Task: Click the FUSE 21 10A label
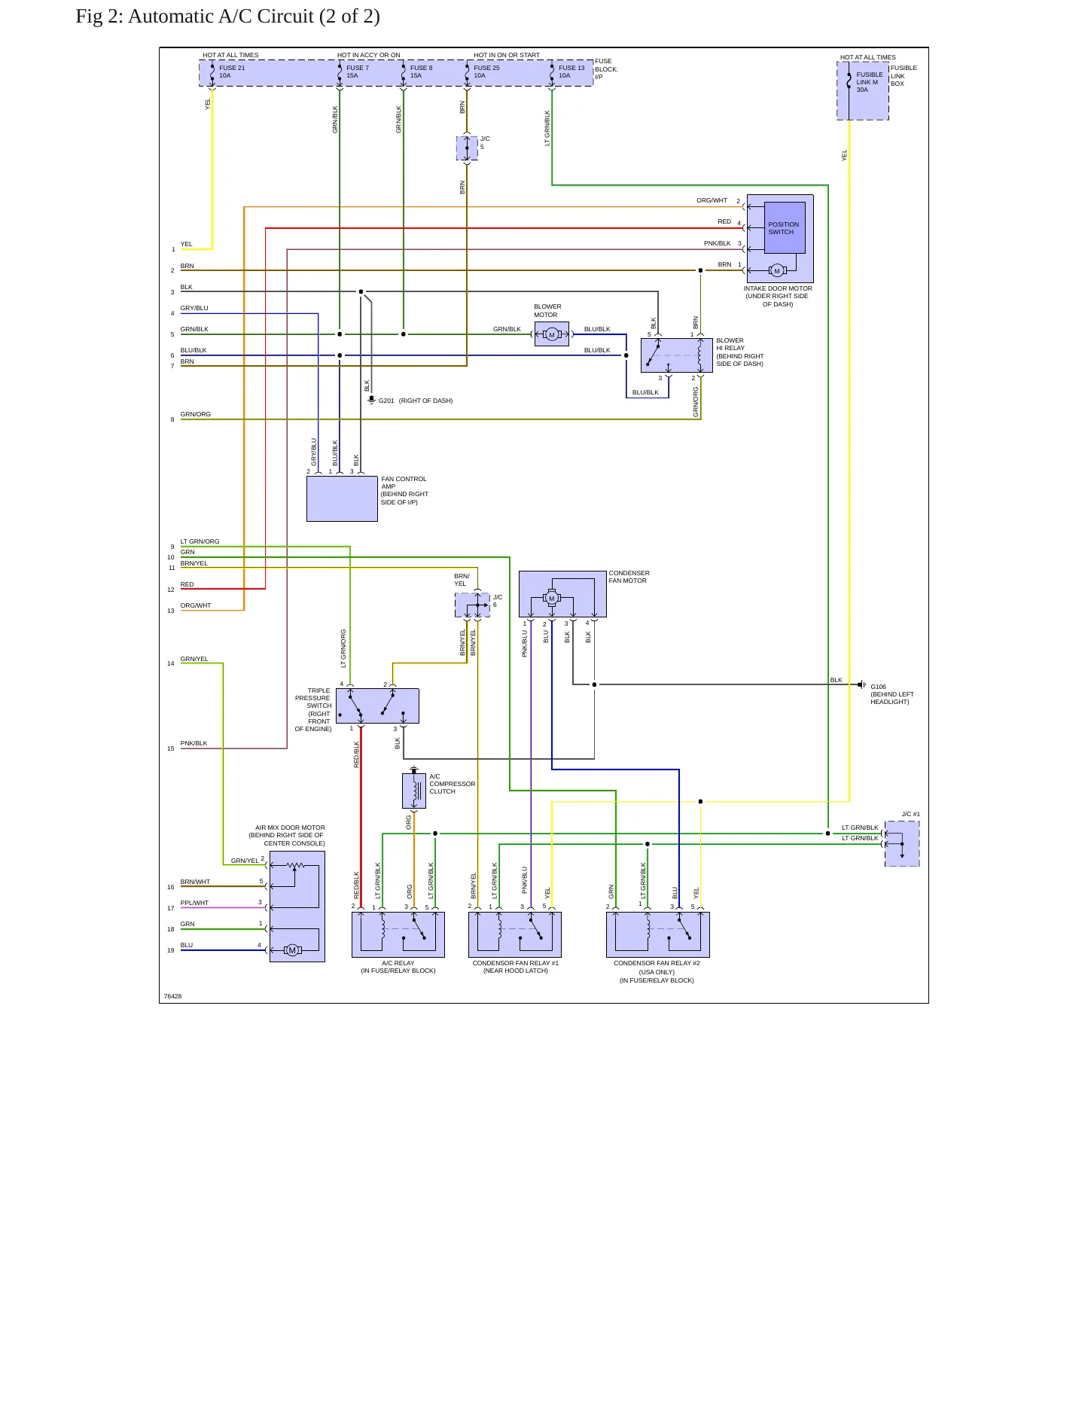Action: pyautogui.click(x=232, y=72)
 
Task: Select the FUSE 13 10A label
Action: pyautogui.click(x=571, y=72)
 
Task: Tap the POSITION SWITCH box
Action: pyautogui.click(x=785, y=228)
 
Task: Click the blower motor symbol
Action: pyautogui.click(x=552, y=334)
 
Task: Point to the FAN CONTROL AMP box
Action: pyautogui.click(x=342, y=498)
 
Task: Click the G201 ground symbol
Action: pyautogui.click(x=371, y=400)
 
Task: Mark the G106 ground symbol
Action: pyautogui.click(x=862, y=684)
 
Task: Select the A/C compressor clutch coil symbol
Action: pyautogui.click(x=414, y=791)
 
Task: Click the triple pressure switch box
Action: pyautogui.click(x=377, y=706)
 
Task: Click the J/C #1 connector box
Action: pyautogui.click(x=902, y=843)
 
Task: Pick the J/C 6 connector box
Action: pyautogui.click(x=472, y=605)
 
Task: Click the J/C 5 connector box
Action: pyautogui.click(x=467, y=148)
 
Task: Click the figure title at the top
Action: pyautogui.click(x=227, y=16)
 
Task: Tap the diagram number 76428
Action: pyautogui.click(x=172, y=996)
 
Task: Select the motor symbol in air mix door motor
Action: pyautogui.click(x=292, y=950)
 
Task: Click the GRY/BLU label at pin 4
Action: pyautogui.click(x=194, y=308)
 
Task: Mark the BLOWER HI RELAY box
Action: pyautogui.click(x=676, y=355)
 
